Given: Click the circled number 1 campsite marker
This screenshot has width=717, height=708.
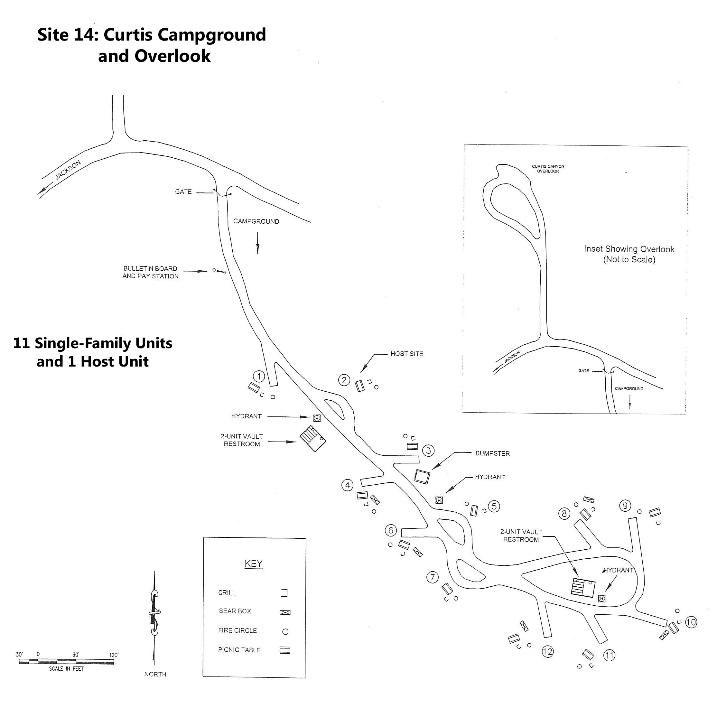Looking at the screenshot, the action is tap(259, 377).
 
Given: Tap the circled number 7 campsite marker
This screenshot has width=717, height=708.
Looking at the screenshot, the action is tap(432, 577).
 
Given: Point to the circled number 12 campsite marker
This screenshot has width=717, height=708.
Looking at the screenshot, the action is tap(548, 651).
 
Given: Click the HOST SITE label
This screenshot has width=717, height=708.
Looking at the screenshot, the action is tap(407, 354).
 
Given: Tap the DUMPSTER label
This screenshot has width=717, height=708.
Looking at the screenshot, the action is tap(492, 453).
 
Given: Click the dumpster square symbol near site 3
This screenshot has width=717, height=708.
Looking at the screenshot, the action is tap(422, 477).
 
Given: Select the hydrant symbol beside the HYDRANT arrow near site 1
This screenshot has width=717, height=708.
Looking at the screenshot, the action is tap(317, 418).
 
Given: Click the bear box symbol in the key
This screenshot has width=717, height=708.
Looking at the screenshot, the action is tap(285, 612).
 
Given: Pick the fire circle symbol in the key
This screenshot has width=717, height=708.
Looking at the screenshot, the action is tap(285, 631).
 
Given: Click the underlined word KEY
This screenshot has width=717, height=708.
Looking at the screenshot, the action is tap(254, 564).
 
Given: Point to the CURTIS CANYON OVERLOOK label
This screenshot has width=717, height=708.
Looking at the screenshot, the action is tap(548, 169).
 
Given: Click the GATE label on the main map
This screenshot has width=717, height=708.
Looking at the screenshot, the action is tap(183, 192).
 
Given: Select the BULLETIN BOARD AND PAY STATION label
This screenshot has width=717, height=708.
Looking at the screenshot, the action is tap(150, 272).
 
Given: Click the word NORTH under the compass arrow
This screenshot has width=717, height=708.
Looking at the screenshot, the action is tap(155, 674).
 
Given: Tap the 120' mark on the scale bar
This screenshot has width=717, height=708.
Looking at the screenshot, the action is tap(114, 655).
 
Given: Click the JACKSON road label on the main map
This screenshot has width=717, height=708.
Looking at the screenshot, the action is tap(68, 170).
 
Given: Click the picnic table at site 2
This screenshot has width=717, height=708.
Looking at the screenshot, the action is tap(359, 386).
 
